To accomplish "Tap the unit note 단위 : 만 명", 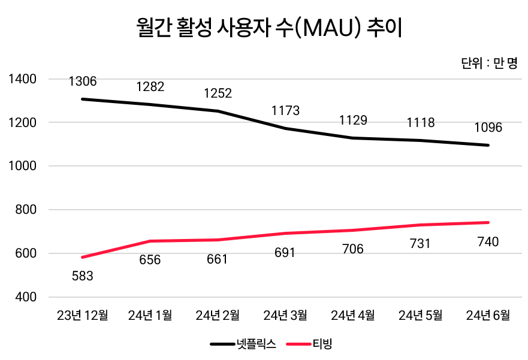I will pyautogui.click(x=489, y=63).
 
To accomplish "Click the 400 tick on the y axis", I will pyautogui.click(x=26, y=297).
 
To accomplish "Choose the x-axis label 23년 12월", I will pyautogui.click(x=83, y=315).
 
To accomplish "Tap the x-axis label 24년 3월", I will pyautogui.click(x=285, y=315).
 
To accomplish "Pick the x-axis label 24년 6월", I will pyautogui.click(x=488, y=315).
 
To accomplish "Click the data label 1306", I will pyautogui.click(x=83, y=81).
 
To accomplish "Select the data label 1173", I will pyautogui.click(x=285, y=111).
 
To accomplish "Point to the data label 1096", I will pyautogui.click(x=488, y=128).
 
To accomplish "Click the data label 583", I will pyautogui.click(x=83, y=276).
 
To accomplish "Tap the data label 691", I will pyautogui.click(x=285, y=253).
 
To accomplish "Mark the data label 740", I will pyautogui.click(x=488, y=242).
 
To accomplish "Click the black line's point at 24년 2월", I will pyautogui.click(x=218, y=111).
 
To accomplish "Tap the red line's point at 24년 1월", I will pyautogui.click(x=150, y=241).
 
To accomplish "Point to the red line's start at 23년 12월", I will pyautogui.click(x=83, y=257).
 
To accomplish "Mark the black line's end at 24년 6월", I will pyautogui.click(x=488, y=145).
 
